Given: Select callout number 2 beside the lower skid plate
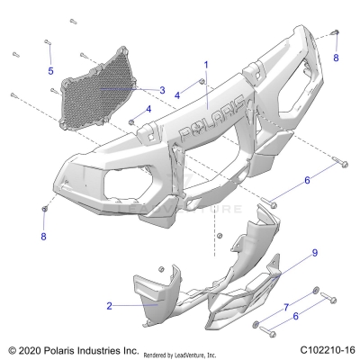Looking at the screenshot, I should tap(110, 306).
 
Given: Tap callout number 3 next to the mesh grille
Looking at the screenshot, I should tap(161, 90).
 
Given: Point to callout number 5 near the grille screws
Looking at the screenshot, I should tap(50, 70).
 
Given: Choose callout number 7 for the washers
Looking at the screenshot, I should tap(287, 308).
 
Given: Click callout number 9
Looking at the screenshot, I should tap(290, 254).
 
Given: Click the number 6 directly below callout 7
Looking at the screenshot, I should tap(294, 316).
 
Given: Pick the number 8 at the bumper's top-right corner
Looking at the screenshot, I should tap(336, 58).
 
